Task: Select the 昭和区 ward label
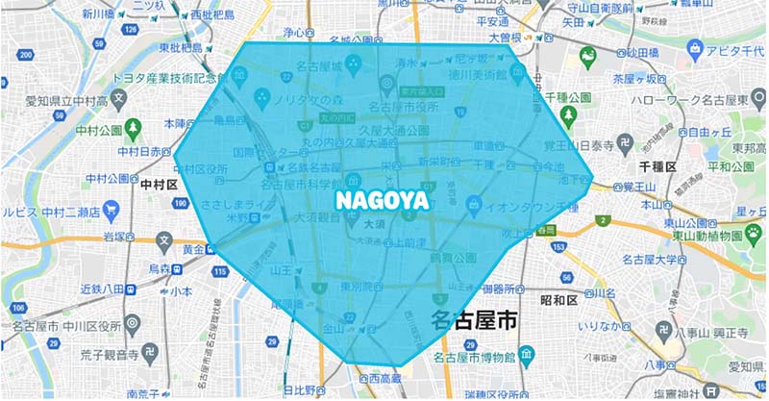558,300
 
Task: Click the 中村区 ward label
155,182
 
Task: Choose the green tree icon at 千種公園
568,114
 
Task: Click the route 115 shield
220,273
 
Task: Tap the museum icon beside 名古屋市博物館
528,358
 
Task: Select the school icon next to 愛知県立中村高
119,97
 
